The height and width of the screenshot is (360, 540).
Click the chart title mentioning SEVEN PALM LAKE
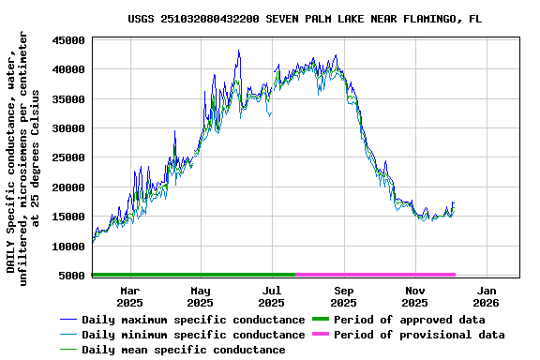point(306,19)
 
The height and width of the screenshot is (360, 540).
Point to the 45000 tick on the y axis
point(69,40)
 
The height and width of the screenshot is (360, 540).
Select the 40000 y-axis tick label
point(69,69)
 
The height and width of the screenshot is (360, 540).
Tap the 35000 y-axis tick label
point(69,99)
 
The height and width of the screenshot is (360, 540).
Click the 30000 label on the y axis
point(69,128)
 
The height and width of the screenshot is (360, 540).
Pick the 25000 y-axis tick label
point(69,157)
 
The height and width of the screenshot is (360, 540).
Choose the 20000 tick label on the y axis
point(69,187)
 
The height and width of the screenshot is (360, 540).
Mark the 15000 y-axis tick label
point(69,217)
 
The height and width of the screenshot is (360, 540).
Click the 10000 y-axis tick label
point(69,247)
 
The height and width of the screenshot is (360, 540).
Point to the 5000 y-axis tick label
point(73,276)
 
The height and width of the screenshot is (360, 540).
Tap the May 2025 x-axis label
point(200,296)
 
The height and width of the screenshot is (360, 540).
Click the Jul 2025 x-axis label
point(271,296)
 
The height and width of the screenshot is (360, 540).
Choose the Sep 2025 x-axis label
point(343,296)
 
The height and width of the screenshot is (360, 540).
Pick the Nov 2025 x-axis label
point(414,296)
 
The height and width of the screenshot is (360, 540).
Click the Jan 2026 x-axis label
point(486,296)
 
